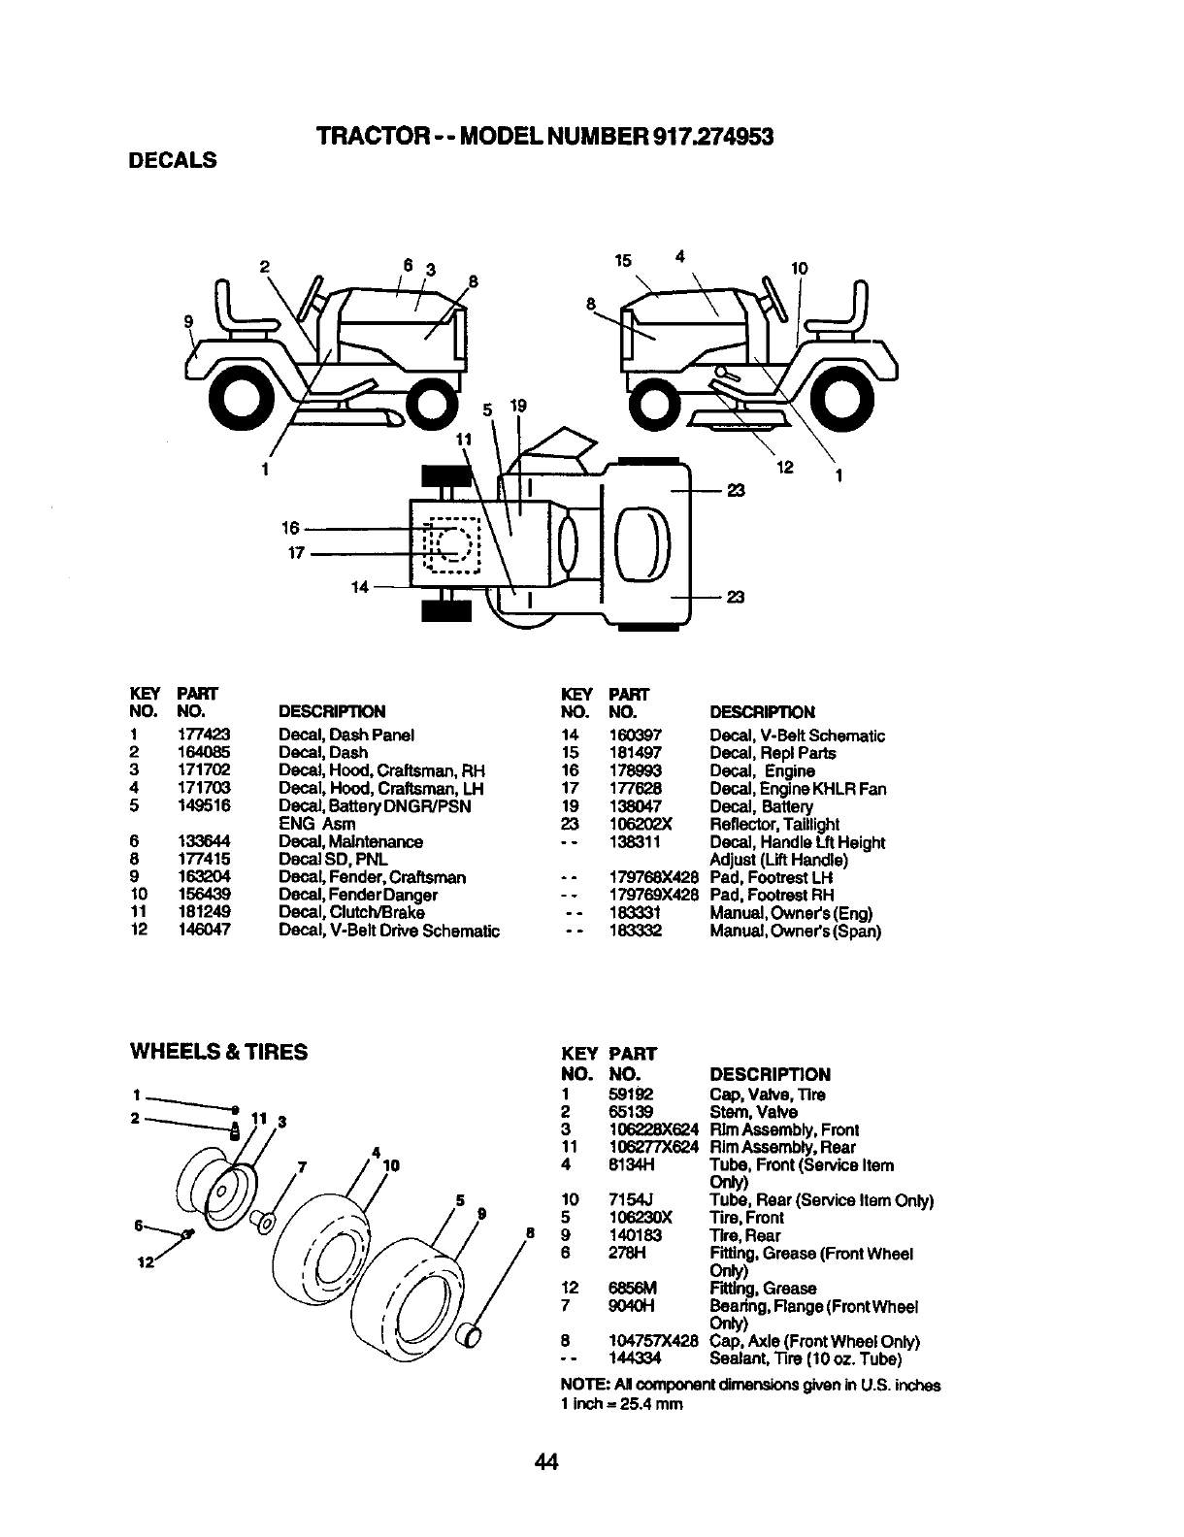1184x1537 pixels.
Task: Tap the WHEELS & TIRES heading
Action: coord(218,1052)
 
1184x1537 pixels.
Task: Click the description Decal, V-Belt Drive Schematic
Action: coord(389,932)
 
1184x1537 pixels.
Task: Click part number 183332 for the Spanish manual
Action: coord(635,932)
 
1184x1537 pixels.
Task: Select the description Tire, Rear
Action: coord(745,1235)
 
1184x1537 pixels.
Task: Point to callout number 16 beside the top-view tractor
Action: coord(290,528)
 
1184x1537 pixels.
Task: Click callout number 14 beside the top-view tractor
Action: coord(360,587)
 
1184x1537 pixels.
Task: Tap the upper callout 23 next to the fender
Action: coord(735,492)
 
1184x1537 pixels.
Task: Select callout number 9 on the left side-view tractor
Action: coord(189,321)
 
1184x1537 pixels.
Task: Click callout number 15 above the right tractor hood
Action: coord(623,260)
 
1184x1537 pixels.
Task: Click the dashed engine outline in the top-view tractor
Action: coord(452,545)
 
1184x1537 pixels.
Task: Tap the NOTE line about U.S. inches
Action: coord(750,1386)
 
